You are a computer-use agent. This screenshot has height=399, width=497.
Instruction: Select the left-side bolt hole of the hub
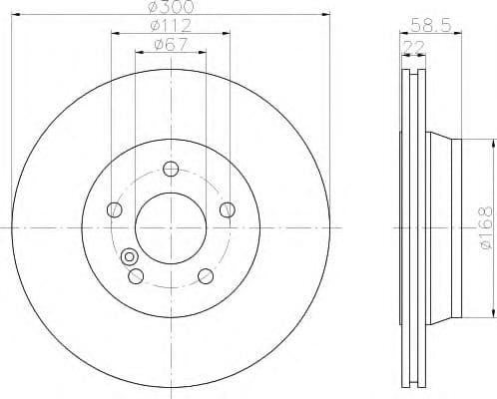(x=114, y=209)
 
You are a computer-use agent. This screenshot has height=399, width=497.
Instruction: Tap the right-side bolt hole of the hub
(x=227, y=208)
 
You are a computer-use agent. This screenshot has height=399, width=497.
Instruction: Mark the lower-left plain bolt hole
(x=137, y=275)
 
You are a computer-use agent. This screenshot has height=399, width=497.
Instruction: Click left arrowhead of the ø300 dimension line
(x=13, y=15)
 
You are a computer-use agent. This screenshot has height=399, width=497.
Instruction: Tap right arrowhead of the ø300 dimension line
(x=326, y=15)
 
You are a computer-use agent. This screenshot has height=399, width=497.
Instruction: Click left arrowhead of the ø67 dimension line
(x=138, y=53)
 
